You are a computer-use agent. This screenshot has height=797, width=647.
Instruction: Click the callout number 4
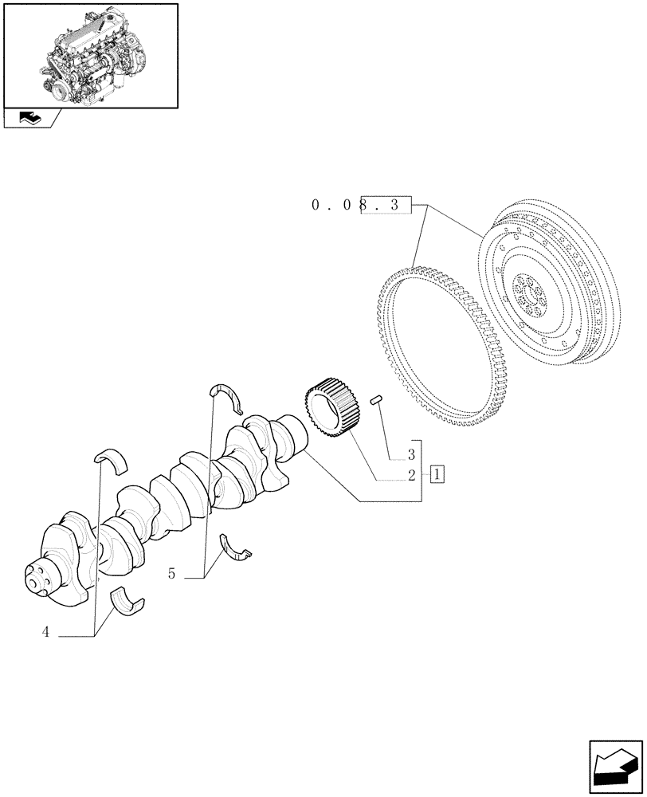point(46,633)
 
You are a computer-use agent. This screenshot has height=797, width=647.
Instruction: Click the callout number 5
point(172,573)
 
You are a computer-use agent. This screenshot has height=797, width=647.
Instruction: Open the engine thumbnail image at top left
point(90,54)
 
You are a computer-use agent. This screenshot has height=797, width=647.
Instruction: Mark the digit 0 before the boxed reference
point(316,206)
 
